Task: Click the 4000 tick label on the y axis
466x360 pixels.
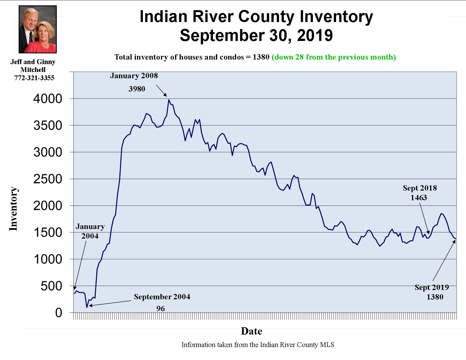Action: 47,99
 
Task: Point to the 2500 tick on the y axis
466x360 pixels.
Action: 47,179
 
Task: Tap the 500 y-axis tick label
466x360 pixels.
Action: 51,286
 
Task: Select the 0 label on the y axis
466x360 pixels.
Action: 58,313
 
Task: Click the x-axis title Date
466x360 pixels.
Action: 251,331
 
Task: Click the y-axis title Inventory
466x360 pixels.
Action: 14,209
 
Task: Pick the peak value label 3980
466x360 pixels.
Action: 137,89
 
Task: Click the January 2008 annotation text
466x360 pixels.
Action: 134,76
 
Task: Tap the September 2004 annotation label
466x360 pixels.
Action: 162,297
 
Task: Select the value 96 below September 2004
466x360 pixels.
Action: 160,309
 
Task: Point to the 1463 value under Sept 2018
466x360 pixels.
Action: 419,198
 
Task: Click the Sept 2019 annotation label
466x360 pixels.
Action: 432,287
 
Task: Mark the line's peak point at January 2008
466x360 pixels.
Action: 169,100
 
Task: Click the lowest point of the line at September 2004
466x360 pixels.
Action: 87,307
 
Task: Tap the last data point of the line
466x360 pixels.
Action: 455,239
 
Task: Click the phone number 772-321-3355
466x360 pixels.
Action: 34,78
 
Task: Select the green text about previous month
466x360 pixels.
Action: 334,57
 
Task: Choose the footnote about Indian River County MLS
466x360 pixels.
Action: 258,344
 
